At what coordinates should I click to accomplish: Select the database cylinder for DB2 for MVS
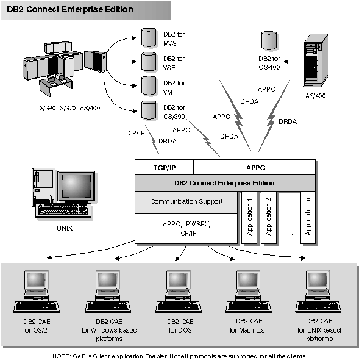[x=148, y=37]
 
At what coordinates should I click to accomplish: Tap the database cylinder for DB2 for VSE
[x=148, y=62]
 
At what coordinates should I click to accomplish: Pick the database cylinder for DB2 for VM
[x=148, y=85]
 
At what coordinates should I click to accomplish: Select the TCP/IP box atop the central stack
[x=164, y=167]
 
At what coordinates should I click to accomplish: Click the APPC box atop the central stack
[x=254, y=167]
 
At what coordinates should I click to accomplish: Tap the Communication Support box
[x=185, y=201]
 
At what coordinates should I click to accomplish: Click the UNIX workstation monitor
[x=77, y=186]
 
